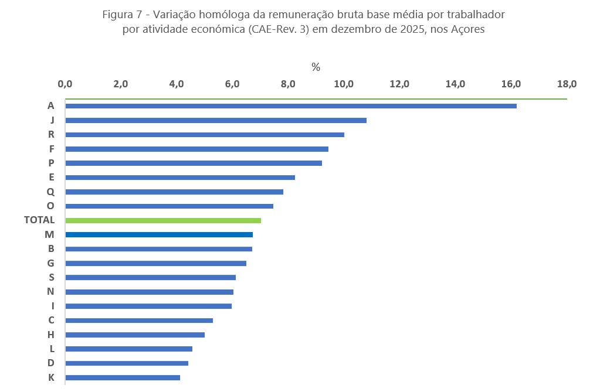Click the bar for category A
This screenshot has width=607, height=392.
[291, 106]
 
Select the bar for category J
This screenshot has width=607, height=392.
[216, 120]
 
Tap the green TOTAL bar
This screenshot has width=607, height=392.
[163, 220]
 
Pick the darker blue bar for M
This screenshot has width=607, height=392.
[159, 234]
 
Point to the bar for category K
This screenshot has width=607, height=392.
[123, 377]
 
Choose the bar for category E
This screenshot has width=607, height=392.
[180, 178]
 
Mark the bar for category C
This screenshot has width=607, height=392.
[139, 321]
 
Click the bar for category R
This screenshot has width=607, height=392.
[205, 135]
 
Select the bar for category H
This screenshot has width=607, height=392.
[135, 335]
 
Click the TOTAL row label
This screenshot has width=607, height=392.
[39, 220]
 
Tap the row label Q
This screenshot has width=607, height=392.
[50, 192]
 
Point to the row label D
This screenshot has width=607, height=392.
[51, 363]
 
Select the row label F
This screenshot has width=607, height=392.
[52, 149]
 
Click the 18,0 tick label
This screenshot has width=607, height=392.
[567, 84]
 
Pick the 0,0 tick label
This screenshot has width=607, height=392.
[65, 84]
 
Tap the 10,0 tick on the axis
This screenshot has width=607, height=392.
[344, 84]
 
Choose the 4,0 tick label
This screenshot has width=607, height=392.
[177, 84]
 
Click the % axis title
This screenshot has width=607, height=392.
[316, 67]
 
